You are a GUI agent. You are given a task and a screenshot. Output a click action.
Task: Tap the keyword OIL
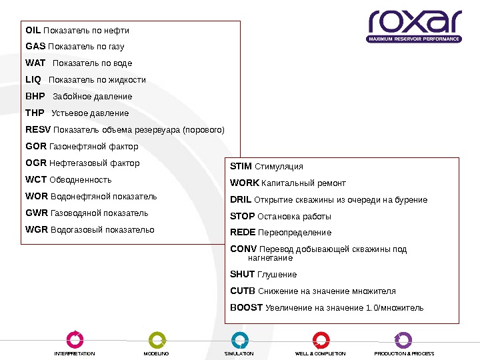coord(33,31)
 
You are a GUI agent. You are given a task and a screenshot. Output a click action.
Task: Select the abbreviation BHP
coord(35,97)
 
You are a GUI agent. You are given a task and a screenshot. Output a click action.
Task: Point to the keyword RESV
coord(37,129)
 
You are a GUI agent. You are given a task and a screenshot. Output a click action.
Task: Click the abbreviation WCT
coord(36,180)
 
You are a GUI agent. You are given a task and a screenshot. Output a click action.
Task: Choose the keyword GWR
coord(37,213)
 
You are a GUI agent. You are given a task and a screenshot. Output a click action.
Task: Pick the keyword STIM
coord(241,166)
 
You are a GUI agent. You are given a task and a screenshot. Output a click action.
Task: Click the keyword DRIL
coord(241,200)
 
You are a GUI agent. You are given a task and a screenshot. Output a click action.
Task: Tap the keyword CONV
coord(243,249)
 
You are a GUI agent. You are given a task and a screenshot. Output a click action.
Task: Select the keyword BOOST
coord(246,308)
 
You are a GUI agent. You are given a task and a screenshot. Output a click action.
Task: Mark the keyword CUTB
coord(243,291)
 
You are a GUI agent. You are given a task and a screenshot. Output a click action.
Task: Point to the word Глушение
coord(277,275)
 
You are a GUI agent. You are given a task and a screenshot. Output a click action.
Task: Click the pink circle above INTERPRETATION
coord(75,339)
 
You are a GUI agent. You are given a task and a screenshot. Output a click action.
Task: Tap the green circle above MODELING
coord(157,339)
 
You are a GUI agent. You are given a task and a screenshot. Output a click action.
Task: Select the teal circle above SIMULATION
coord(239,339)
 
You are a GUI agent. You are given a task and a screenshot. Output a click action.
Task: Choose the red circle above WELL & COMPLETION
coord(321,339)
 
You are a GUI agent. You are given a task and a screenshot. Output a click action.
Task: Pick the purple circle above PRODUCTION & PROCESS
coord(403,339)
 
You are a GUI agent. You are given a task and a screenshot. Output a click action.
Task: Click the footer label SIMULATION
coord(239,354)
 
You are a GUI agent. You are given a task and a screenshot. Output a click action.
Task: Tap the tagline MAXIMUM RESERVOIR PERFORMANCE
coord(415,39)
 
